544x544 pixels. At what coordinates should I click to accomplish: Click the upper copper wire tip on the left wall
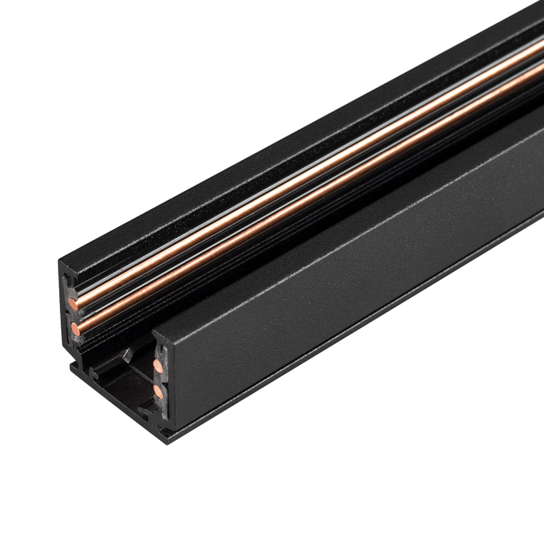click(73, 300)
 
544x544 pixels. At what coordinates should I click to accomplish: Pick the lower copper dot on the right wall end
click(158, 392)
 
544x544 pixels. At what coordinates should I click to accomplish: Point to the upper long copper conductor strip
click(306, 170)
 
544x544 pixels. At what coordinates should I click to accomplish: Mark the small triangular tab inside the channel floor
click(126, 354)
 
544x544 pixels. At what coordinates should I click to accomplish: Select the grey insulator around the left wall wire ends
click(71, 313)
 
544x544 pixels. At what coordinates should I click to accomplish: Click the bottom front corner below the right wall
click(163, 432)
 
